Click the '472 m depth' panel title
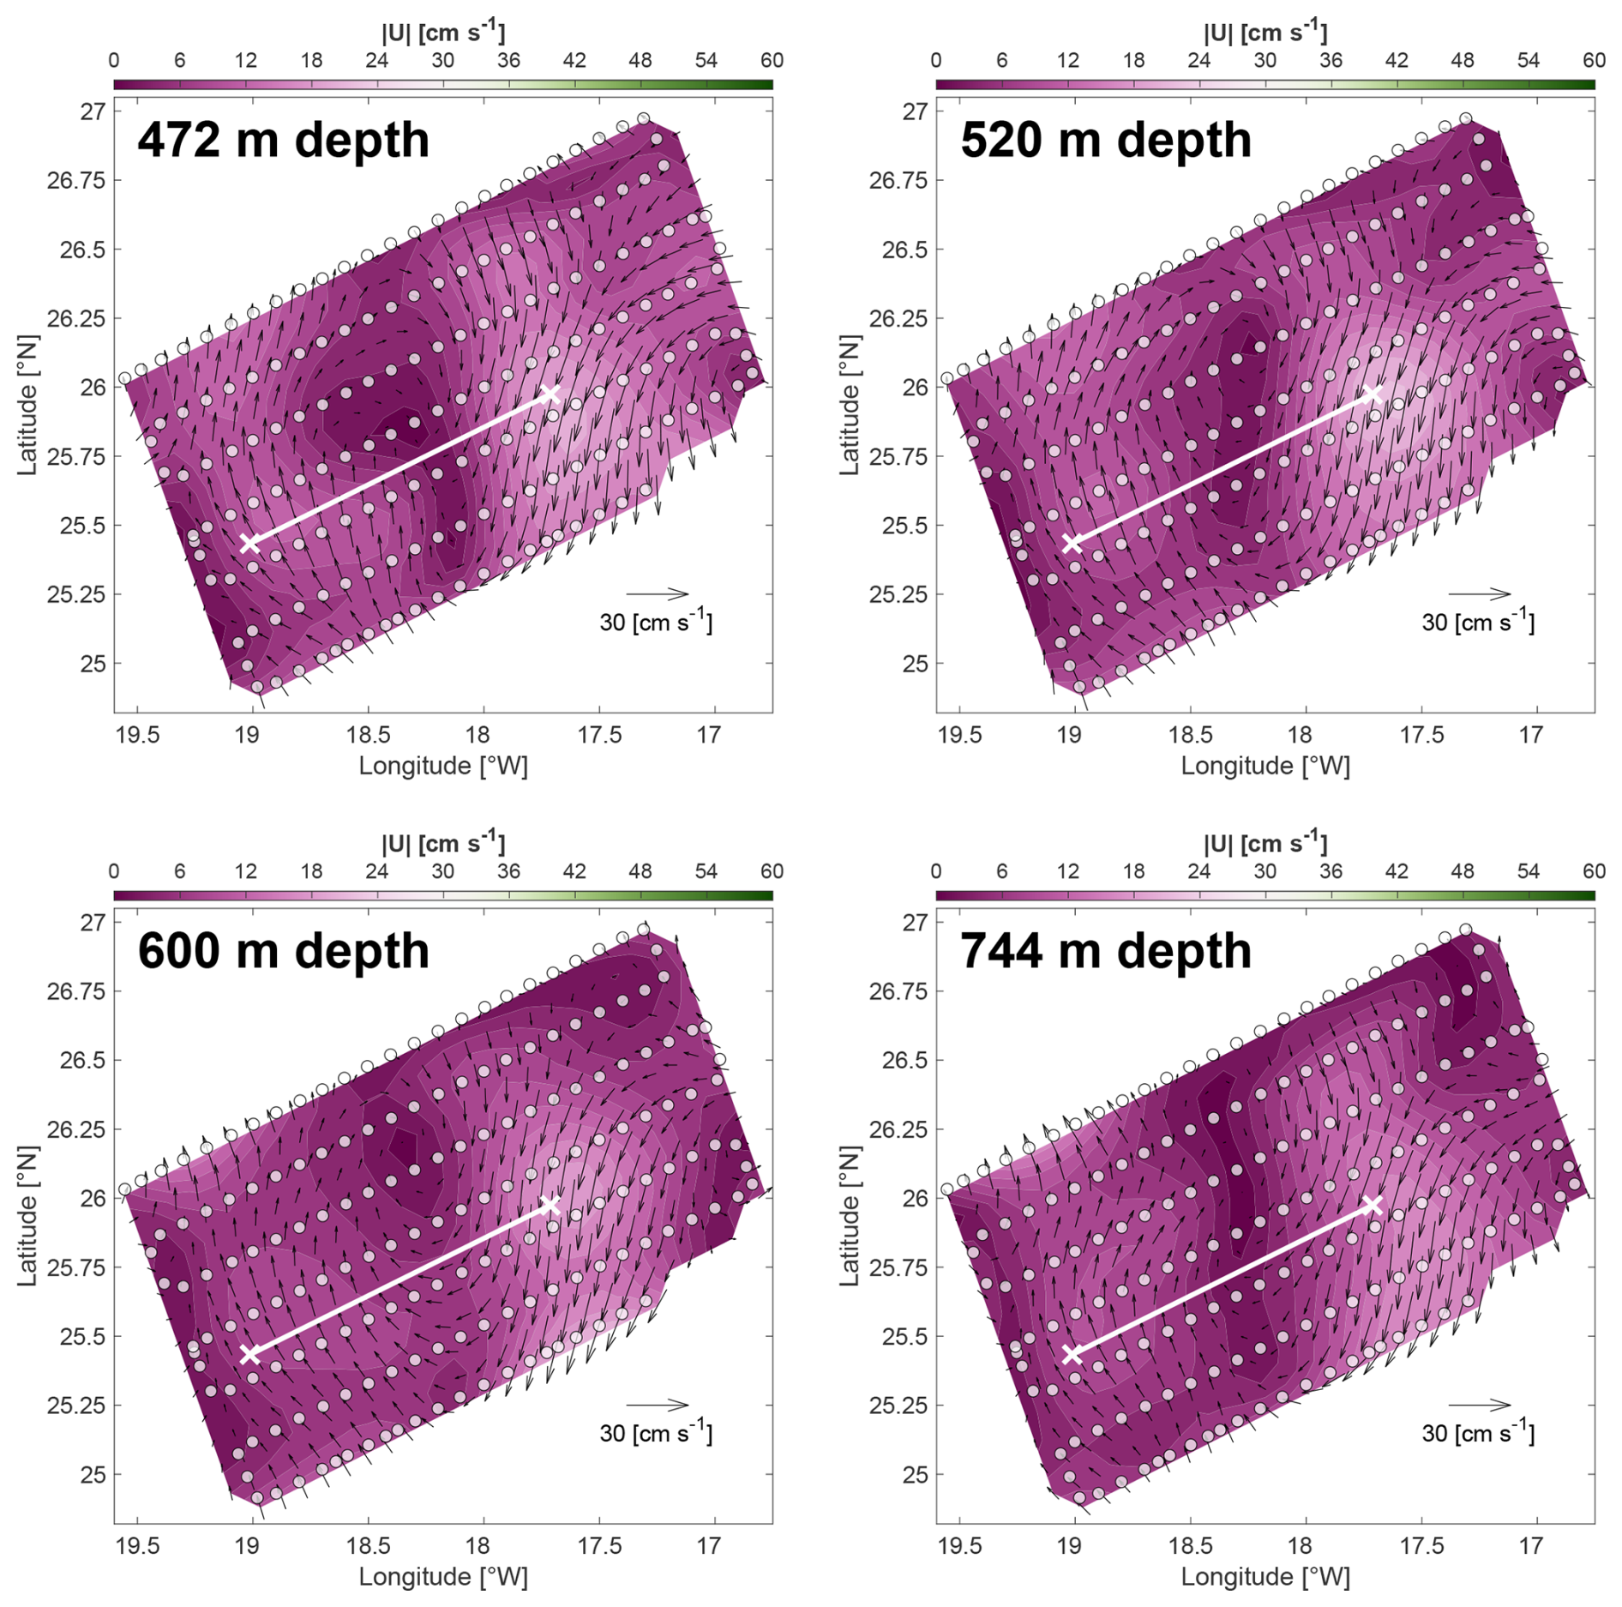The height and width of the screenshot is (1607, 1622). [x=283, y=140]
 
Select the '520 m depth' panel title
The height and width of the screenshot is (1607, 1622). [x=1105, y=140]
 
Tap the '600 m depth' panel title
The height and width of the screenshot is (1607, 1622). [x=283, y=951]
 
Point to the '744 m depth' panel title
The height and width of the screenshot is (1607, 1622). [x=1105, y=951]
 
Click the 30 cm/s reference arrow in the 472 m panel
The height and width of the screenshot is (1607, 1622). [x=657, y=593]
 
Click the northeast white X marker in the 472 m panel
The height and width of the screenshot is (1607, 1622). [x=550, y=394]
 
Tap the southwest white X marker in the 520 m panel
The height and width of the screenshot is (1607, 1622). [x=1072, y=543]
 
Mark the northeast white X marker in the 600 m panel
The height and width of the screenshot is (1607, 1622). [x=550, y=1206]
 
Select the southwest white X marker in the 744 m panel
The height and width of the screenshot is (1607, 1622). [x=1072, y=1354]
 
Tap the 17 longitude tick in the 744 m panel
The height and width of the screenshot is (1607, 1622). [x=1531, y=1546]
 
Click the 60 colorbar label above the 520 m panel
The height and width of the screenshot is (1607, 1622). [x=1594, y=61]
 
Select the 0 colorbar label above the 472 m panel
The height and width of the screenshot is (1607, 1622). [x=114, y=61]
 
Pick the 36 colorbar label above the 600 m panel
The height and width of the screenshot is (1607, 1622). [x=508, y=872]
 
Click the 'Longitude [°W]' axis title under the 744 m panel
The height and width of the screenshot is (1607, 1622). [x=1265, y=1577]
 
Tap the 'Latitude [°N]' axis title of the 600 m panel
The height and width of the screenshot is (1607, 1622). [x=28, y=1216]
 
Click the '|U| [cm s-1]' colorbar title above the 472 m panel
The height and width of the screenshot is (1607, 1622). [x=443, y=33]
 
